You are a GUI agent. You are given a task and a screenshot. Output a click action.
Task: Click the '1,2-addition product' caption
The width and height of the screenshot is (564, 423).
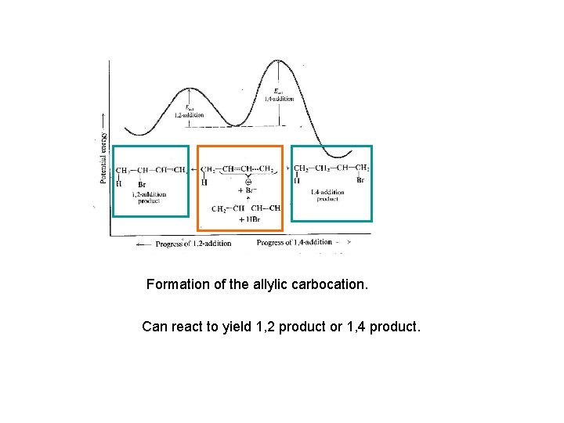[x=149, y=197]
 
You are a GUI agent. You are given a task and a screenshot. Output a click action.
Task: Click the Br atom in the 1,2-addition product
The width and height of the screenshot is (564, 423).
[x=141, y=184]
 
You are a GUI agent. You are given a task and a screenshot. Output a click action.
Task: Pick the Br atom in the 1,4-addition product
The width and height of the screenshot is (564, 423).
[x=360, y=180]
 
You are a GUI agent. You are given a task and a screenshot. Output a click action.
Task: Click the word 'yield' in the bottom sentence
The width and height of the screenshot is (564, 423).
[x=236, y=326]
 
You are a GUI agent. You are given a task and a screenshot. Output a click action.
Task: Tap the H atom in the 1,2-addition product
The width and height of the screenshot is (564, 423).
[x=120, y=184]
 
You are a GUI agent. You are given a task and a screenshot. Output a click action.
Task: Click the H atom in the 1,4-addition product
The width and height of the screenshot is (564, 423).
[x=297, y=181]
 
